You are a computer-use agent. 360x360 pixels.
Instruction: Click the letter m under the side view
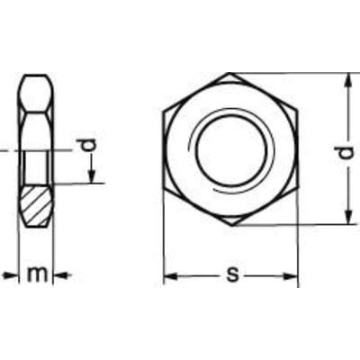point(36,274)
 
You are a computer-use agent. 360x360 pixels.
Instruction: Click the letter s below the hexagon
point(232,274)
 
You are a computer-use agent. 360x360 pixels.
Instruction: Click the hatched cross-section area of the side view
point(36,205)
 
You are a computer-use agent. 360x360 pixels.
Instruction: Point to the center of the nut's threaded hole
point(230,148)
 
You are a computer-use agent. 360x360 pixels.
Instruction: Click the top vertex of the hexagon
point(230,73)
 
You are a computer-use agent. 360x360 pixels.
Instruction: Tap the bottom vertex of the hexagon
point(230,225)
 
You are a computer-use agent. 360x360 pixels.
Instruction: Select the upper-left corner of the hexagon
point(164,111)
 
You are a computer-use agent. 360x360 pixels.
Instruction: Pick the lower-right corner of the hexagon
point(297,187)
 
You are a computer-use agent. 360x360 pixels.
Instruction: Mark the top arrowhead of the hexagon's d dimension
point(346,79)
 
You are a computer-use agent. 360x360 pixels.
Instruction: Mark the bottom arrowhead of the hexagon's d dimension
point(346,219)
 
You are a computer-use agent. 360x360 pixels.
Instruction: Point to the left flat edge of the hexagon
point(164,148)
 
